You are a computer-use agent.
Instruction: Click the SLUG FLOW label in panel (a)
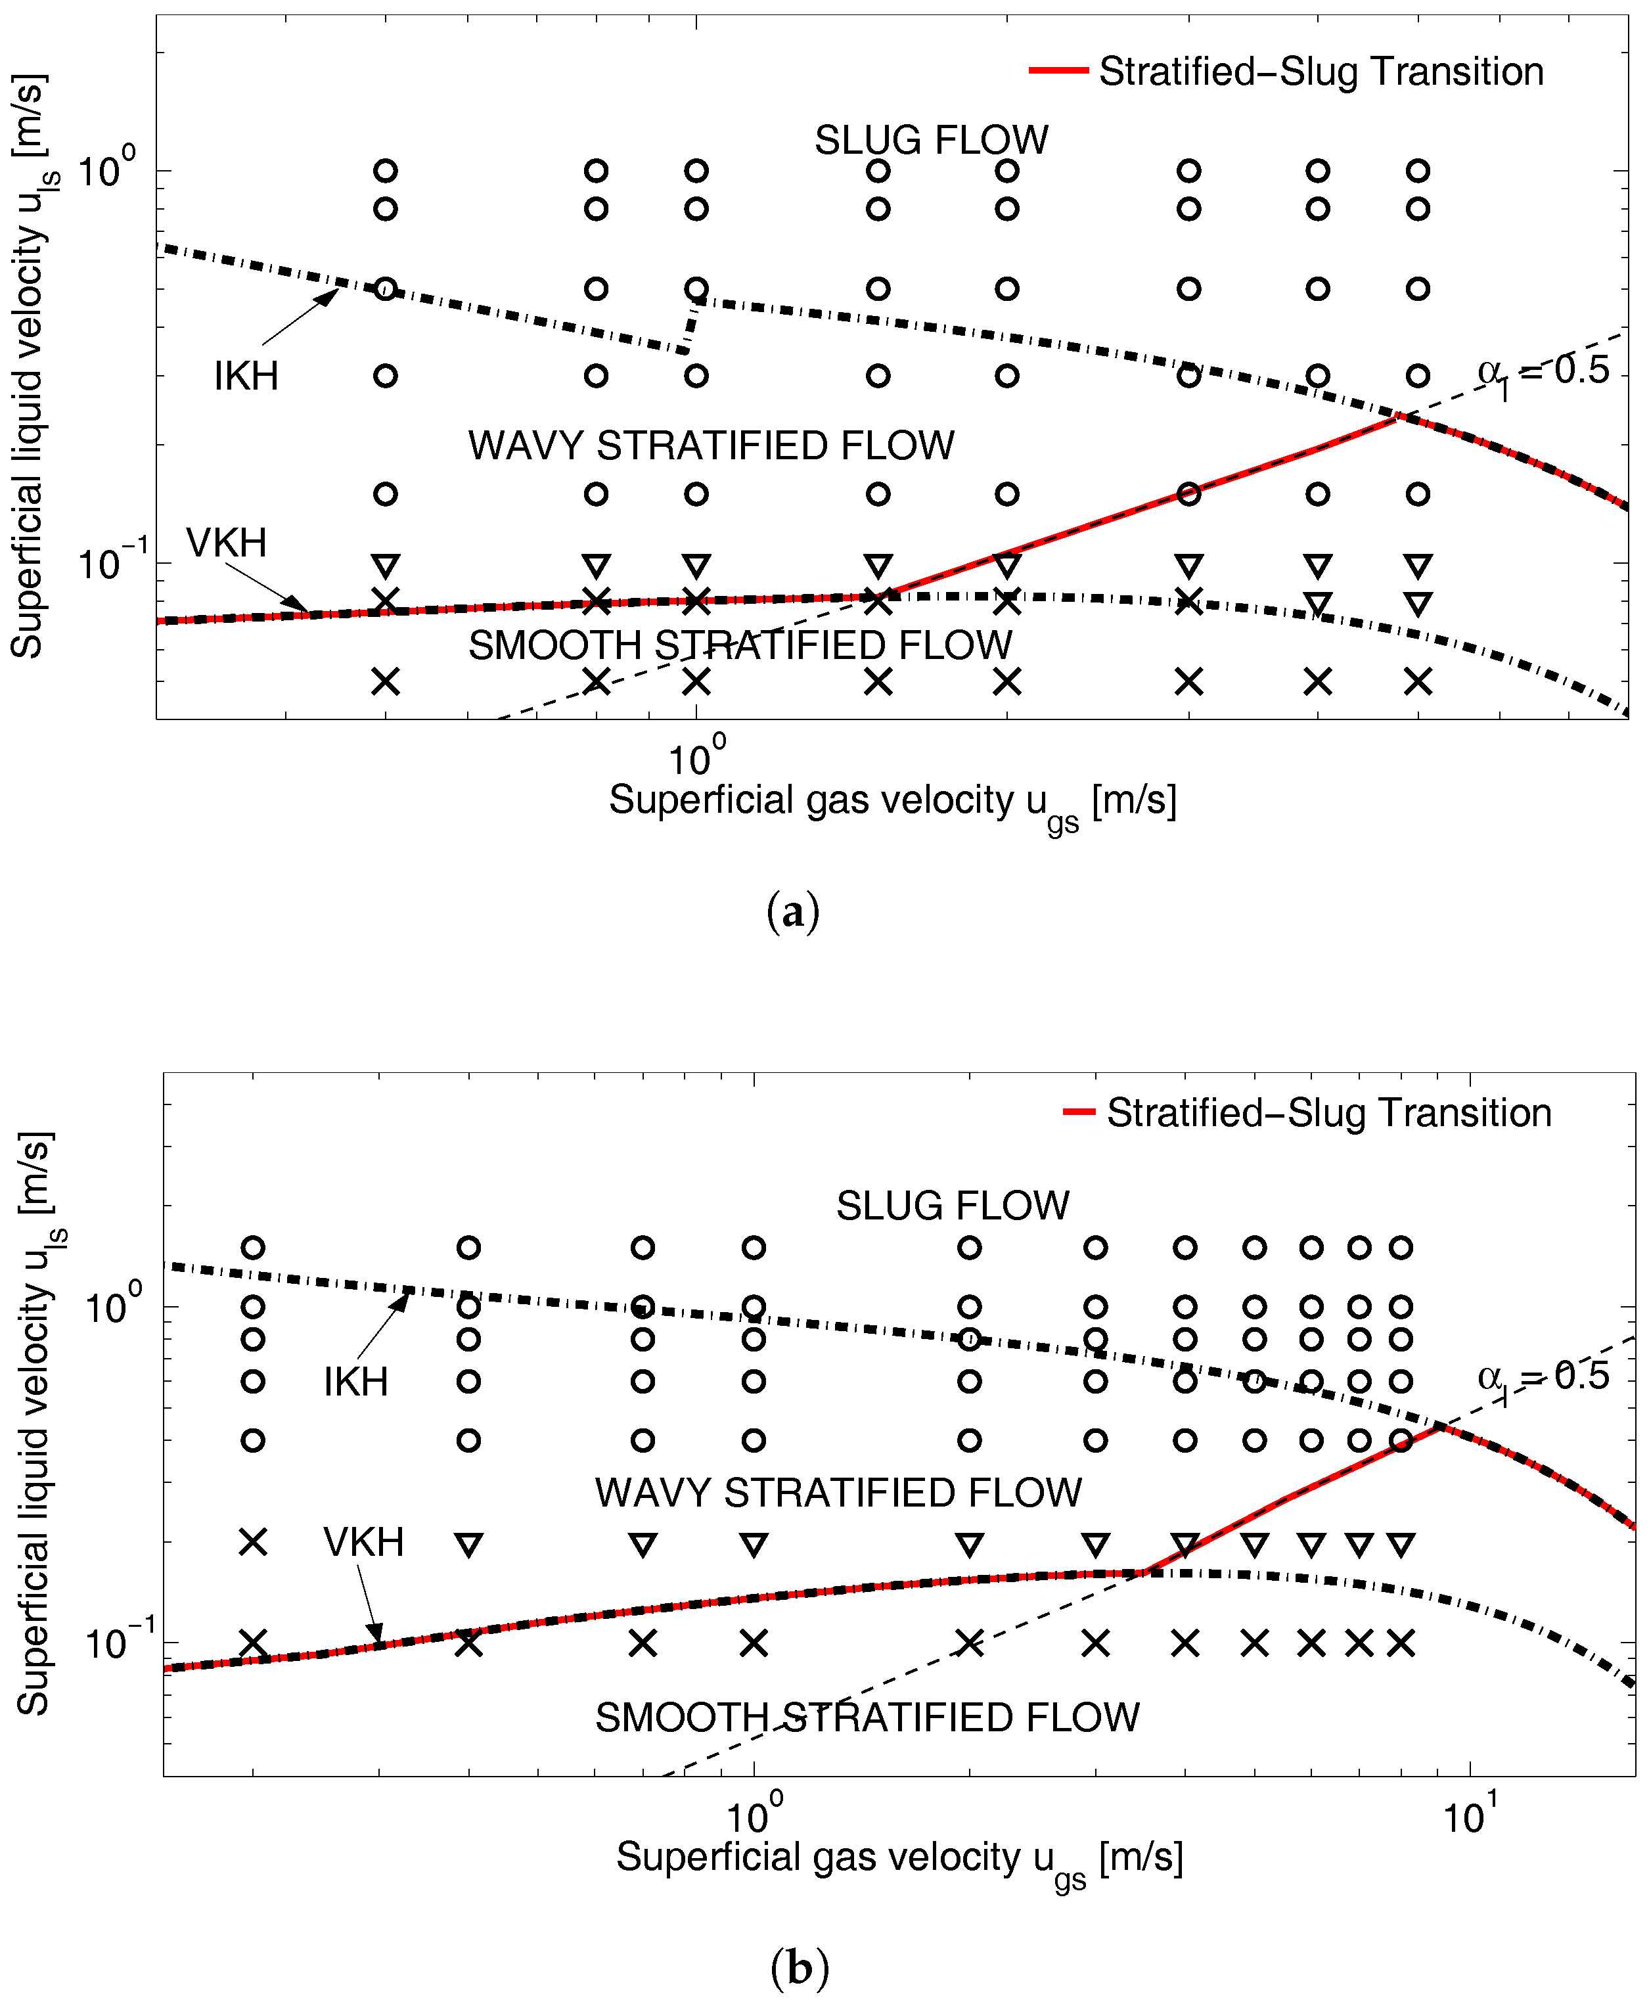coord(931,141)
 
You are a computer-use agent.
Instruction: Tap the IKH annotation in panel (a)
coord(246,377)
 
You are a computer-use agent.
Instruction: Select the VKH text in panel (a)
coord(226,543)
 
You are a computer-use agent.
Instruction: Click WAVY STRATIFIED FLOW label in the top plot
coord(710,445)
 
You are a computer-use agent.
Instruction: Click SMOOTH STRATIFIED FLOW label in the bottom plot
coord(867,1718)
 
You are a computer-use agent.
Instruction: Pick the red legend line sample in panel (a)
coord(1058,71)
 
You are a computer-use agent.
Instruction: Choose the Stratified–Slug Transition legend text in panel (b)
coord(1328,1112)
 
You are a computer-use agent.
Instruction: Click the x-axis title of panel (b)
coord(899,1859)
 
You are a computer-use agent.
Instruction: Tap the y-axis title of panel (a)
coord(28,366)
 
